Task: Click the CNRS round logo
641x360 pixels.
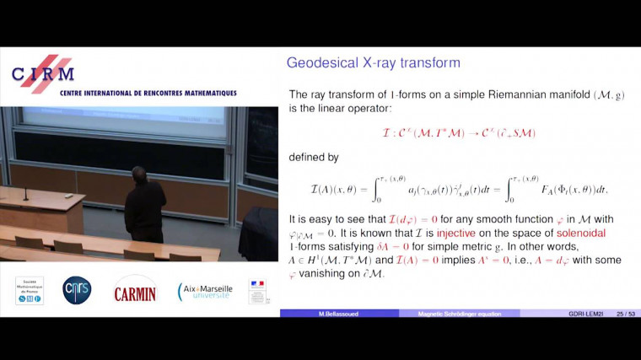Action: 77,291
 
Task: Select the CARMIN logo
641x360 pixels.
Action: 135,290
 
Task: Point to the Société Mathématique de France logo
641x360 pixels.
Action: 30,290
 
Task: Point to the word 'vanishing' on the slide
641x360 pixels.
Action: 331,273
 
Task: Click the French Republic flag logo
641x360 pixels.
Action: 257,291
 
